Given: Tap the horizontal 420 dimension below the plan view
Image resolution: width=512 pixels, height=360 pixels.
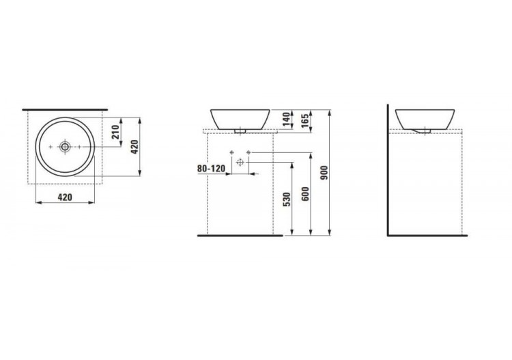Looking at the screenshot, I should (x=65, y=199).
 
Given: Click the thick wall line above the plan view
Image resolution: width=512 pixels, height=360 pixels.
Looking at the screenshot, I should (x=66, y=109).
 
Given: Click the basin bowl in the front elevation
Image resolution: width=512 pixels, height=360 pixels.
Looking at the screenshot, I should (x=240, y=117).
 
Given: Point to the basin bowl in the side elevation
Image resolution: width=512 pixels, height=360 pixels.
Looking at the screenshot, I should (x=424, y=117).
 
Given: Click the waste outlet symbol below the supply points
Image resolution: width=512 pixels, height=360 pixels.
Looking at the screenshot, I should (x=240, y=163).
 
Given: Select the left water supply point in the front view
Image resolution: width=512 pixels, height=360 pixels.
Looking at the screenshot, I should (x=232, y=150).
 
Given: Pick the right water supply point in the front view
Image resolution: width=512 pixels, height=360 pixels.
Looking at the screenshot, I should (x=248, y=150).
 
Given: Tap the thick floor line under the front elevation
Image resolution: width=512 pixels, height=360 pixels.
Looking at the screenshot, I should (x=239, y=236).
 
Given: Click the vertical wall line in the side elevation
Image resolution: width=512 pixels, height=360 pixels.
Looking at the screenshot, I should (x=387, y=171).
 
